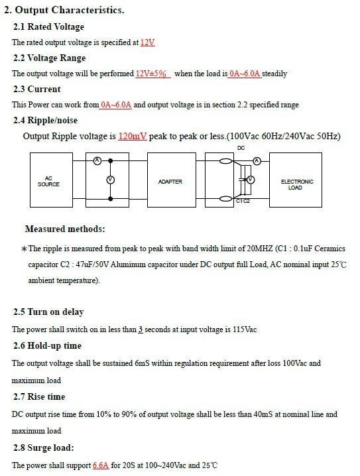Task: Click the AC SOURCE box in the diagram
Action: tap(51, 180)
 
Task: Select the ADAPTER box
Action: tap(172, 180)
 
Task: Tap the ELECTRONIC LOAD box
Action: tap(296, 180)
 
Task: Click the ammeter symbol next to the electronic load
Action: tap(257, 161)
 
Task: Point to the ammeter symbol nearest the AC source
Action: tap(97, 160)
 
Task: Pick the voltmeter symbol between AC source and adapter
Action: tap(111, 180)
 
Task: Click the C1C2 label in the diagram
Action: tap(243, 201)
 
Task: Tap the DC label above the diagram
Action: tap(241, 148)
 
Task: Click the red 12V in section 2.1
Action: tap(148, 42)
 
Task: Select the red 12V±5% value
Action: tap(151, 74)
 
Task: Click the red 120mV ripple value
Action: tap(133, 136)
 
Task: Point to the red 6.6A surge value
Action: tap(101, 465)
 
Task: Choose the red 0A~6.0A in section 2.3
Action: tap(116, 105)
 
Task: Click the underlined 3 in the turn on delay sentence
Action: tap(141, 329)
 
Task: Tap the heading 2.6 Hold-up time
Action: tap(47, 346)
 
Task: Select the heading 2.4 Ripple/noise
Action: tap(45, 120)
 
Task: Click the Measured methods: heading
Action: tap(65, 229)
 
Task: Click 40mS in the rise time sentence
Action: tap(263, 414)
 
